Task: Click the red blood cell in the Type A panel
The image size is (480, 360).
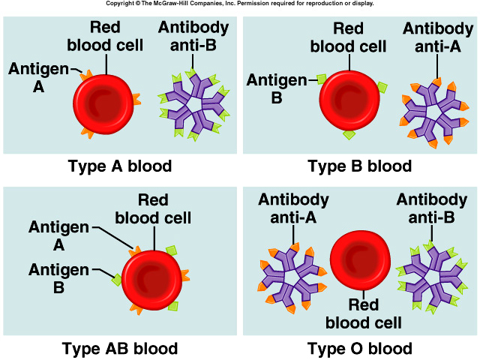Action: (x=106, y=105)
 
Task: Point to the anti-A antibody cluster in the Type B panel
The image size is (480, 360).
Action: (x=432, y=109)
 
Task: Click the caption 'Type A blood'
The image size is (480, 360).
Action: (x=120, y=166)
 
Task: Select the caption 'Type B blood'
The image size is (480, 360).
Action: (x=360, y=166)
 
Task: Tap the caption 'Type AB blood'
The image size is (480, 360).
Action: (x=120, y=348)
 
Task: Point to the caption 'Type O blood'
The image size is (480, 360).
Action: (x=360, y=348)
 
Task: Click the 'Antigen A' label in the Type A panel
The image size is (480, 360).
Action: (x=34, y=76)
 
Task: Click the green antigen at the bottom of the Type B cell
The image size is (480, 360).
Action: (x=349, y=135)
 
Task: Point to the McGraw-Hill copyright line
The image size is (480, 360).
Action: (x=239, y=4)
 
